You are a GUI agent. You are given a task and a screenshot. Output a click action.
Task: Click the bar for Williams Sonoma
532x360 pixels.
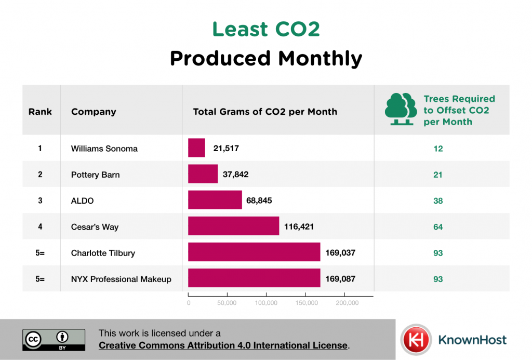point(196,148)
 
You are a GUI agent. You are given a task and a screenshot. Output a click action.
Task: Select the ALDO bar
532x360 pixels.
point(215,200)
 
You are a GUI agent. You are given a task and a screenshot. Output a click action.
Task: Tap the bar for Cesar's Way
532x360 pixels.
point(233,226)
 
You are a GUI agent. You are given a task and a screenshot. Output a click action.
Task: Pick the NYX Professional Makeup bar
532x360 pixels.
point(254,278)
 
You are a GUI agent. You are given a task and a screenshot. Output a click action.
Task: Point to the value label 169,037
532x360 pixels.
point(340,252)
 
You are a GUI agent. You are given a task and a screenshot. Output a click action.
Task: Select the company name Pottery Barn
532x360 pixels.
point(95,175)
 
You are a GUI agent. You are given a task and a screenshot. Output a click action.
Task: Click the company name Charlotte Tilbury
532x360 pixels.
point(103,253)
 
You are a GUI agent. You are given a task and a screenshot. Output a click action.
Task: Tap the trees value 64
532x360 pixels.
point(438,227)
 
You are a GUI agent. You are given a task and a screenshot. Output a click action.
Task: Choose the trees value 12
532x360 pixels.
point(438,149)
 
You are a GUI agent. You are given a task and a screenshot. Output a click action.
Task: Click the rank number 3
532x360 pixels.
point(40,201)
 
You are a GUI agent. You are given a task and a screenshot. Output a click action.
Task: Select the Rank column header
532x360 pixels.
point(40,112)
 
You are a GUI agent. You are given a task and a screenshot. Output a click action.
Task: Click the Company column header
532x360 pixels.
point(94,112)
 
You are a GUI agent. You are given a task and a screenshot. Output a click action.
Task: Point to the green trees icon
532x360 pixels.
point(401,110)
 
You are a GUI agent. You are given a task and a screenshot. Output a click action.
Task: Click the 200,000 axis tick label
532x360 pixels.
point(347,303)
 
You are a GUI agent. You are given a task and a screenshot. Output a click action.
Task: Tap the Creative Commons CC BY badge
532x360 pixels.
point(54,339)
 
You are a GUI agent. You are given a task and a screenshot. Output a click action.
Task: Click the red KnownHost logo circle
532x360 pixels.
point(416,340)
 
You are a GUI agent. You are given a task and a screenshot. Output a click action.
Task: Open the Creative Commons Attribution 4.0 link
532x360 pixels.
point(223,345)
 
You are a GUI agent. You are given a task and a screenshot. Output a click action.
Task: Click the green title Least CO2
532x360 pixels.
point(265,30)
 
